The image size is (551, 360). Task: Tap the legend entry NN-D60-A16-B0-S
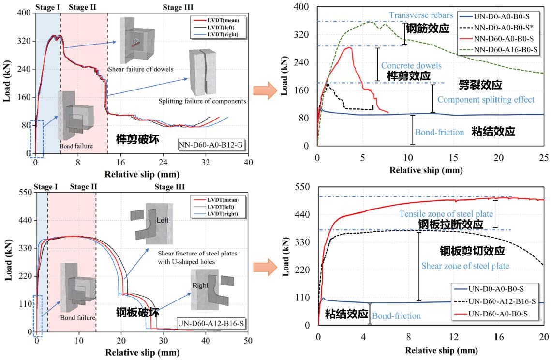[x=499, y=49]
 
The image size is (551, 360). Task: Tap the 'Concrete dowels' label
[x=404, y=65]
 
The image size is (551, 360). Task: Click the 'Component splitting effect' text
[x=486, y=99]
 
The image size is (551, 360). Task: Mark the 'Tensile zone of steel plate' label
[x=446, y=214]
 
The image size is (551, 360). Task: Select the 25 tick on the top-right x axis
[x=543, y=157]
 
